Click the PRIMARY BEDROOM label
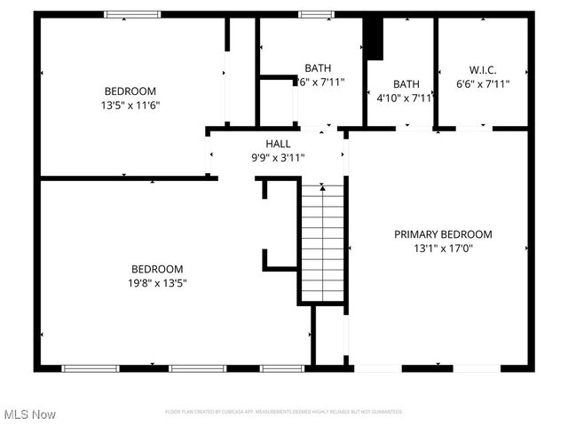click(x=443, y=234)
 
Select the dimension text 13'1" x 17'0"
click(x=443, y=248)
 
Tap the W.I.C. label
click(x=482, y=69)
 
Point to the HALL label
click(x=278, y=144)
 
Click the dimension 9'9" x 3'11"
click(x=278, y=158)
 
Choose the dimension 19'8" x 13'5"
click(x=157, y=283)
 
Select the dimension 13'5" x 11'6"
click(x=130, y=105)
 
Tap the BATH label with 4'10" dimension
click(x=406, y=84)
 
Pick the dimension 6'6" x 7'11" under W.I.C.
click(x=482, y=84)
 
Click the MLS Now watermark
click(x=29, y=414)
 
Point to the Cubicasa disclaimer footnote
click(x=284, y=412)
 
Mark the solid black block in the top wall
click(x=374, y=38)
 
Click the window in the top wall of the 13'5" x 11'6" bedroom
click(x=132, y=14)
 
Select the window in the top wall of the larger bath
click(x=312, y=14)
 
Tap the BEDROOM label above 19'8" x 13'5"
click(x=157, y=269)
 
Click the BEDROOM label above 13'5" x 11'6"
click(x=130, y=91)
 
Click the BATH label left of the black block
click(x=318, y=68)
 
